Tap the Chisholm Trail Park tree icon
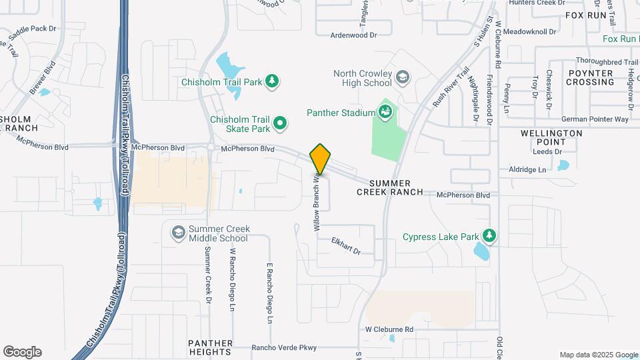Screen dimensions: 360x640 pyautogui.click(x=271, y=82)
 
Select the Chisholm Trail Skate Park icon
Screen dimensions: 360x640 pyautogui.click(x=281, y=123)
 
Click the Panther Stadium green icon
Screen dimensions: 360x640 pyautogui.click(x=385, y=111)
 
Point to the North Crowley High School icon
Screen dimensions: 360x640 pyautogui.click(x=402, y=78)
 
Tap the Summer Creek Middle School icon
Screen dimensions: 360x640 pyautogui.click(x=178, y=232)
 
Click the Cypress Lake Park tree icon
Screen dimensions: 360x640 pyautogui.click(x=489, y=236)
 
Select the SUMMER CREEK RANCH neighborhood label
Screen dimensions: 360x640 pyautogui.click(x=390, y=187)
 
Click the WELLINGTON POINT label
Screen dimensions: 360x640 pyautogui.click(x=551, y=137)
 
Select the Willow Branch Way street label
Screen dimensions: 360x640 pyautogui.click(x=317, y=203)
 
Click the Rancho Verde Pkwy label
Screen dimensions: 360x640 pyautogui.click(x=283, y=347)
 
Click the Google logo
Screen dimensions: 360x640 pyautogui.click(x=22, y=352)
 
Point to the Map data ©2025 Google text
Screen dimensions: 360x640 pyautogui.click(x=599, y=355)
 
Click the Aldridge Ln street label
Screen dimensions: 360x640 pyautogui.click(x=527, y=169)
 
